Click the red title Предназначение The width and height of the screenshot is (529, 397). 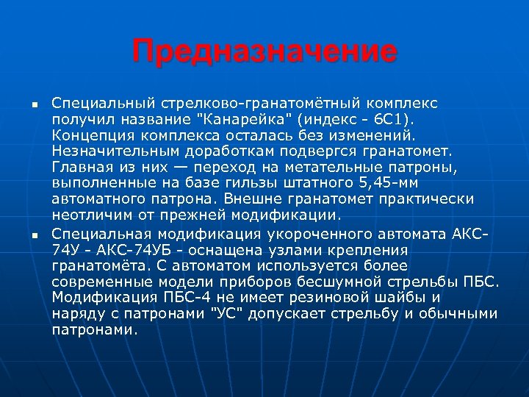point(264,52)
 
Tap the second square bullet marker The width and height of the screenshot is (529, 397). point(34,235)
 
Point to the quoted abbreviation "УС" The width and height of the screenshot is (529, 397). point(226,314)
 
